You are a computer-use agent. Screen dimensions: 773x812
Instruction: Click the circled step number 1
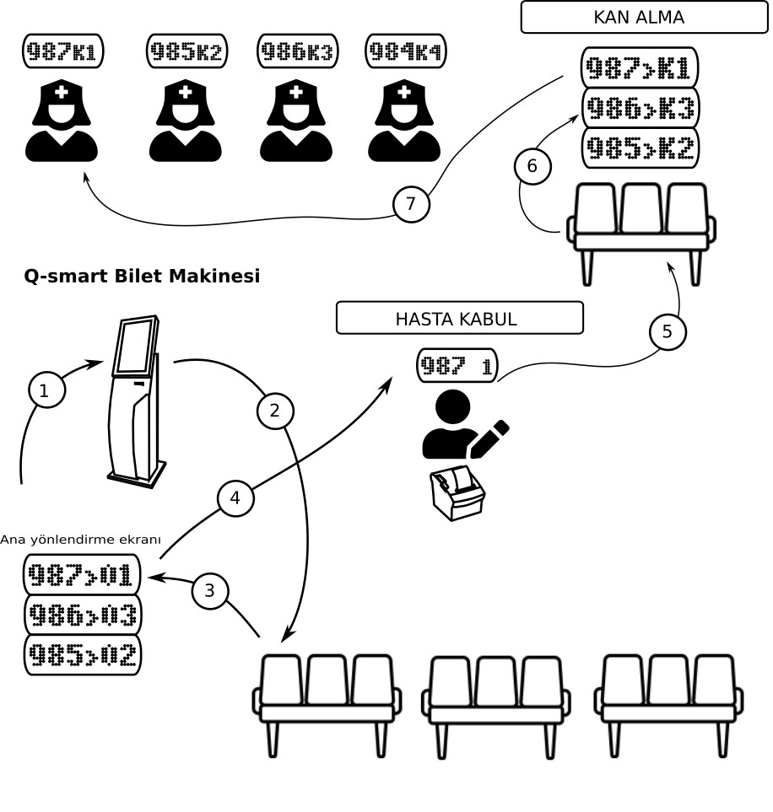point(46,390)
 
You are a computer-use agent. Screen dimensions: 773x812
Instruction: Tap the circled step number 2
point(275,411)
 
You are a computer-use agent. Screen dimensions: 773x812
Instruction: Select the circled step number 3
point(210,590)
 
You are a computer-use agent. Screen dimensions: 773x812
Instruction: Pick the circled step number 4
point(235,497)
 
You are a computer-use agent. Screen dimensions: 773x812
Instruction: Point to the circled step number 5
point(668,331)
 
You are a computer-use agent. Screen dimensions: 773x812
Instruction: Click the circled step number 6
point(532,166)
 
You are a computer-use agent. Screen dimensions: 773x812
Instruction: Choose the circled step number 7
point(411,204)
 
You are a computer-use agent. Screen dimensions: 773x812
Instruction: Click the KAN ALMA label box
point(644,17)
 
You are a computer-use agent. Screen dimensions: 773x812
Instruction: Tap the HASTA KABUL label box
point(460,318)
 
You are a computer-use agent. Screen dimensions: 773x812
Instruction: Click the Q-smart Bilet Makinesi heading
point(142,276)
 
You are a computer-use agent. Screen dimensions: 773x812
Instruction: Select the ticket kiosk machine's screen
point(135,346)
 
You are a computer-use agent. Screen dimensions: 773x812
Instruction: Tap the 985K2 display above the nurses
point(186,51)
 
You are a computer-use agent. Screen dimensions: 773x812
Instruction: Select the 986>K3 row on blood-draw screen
point(641,108)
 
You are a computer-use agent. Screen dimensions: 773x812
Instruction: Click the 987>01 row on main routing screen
point(82,574)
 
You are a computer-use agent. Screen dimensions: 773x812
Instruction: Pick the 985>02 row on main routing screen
point(82,655)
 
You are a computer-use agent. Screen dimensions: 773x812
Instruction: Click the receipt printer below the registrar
point(457,493)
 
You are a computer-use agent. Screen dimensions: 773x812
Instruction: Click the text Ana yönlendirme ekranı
point(80,540)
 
